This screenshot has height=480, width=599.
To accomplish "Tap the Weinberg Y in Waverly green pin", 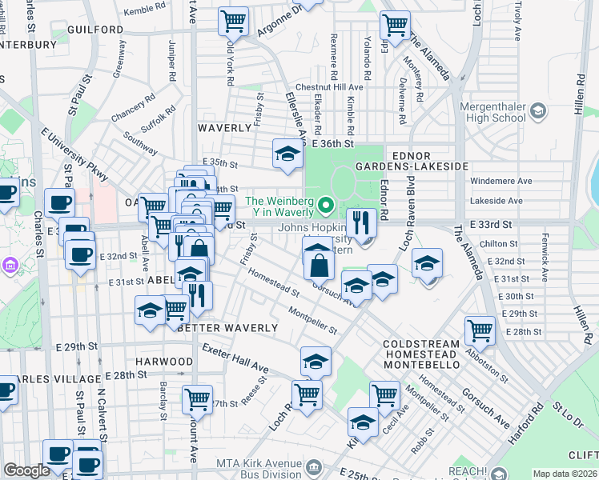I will [324, 206].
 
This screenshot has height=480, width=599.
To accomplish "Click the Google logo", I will [26, 470].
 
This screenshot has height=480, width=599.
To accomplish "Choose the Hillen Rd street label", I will [577, 102].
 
